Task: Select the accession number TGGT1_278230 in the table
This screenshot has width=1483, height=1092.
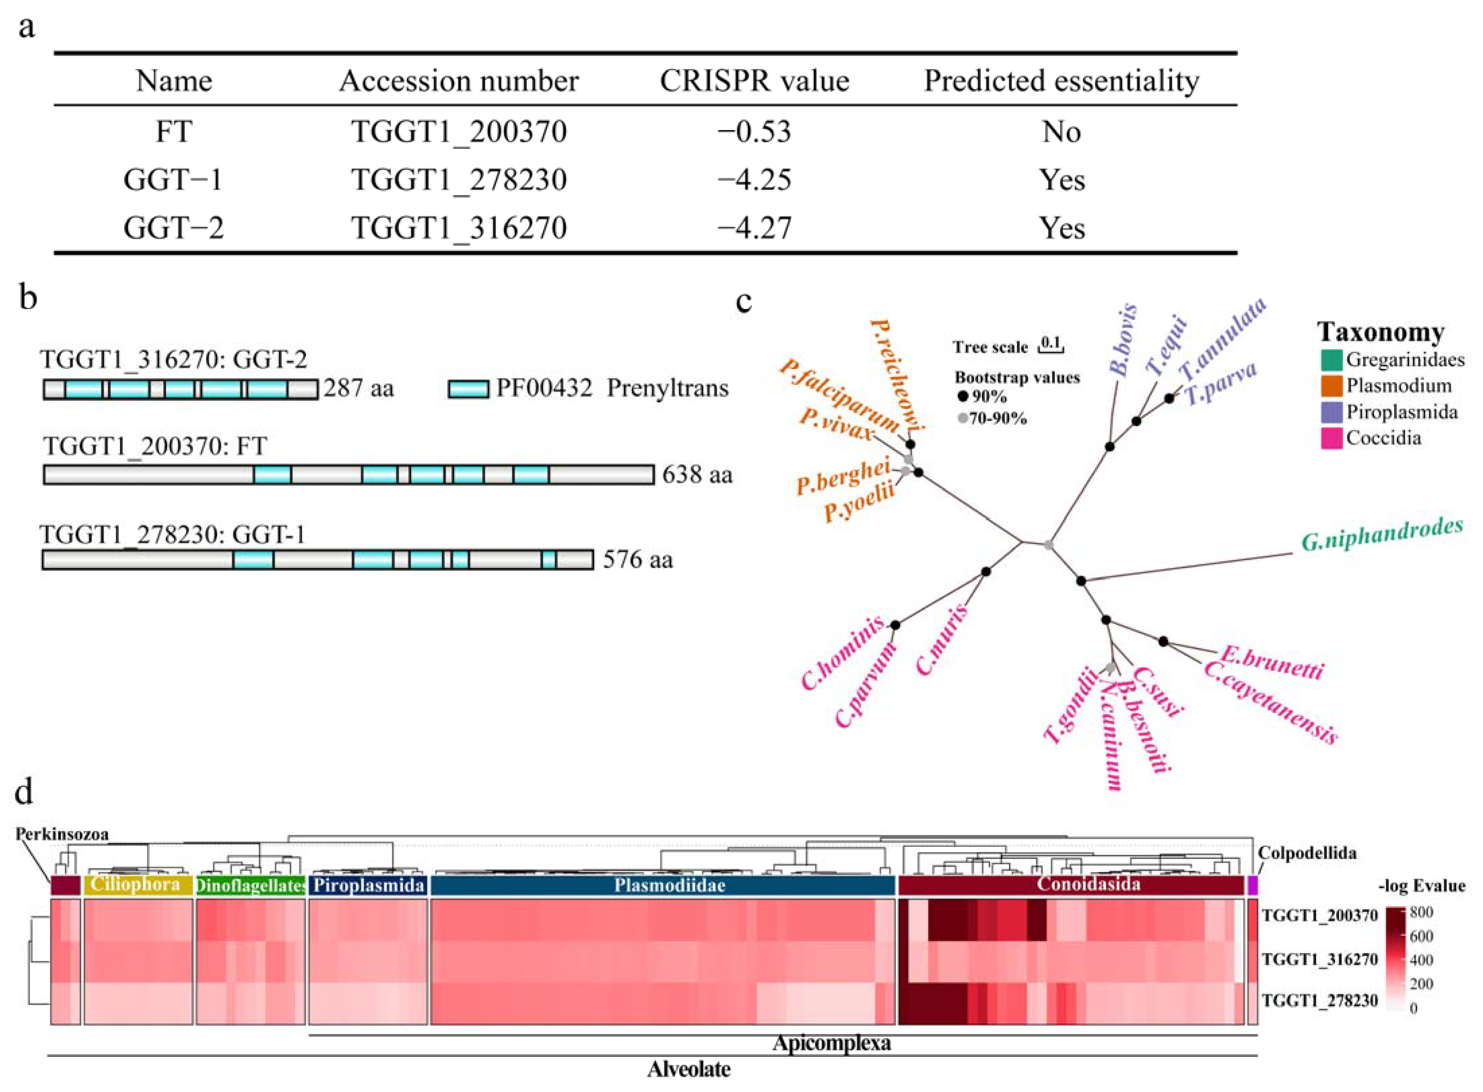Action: click(x=459, y=180)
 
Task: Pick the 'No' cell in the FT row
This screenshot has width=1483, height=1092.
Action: click(x=1061, y=131)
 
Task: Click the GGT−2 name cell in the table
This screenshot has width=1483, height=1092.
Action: click(x=173, y=228)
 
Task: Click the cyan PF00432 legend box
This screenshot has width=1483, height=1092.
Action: click(x=468, y=389)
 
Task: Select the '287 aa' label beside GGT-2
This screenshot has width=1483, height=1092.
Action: click(x=358, y=388)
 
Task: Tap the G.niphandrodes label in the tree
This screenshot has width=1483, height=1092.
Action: click(x=1382, y=534)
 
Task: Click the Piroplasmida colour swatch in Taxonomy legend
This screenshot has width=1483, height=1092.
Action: click(x=1331, y=412)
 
